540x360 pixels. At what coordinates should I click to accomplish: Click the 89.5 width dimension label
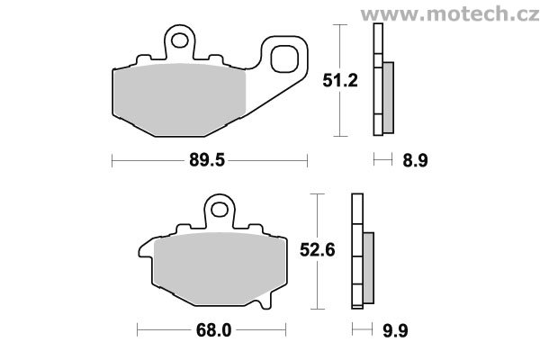coord(207,160)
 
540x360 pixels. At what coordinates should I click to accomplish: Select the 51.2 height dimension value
coord(340,81)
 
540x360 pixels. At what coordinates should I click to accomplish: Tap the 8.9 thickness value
coord(415,160)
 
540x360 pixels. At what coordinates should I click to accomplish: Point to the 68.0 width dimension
coord(213,330)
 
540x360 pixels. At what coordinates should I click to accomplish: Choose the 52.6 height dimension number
coord(317,250)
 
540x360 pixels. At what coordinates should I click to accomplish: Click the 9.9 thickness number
coord(395,331)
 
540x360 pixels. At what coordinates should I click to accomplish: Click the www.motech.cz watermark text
coord(450,14)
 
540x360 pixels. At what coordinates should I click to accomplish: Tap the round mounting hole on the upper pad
coord(179,40)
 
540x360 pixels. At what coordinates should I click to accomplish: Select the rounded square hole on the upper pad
coord(284,58)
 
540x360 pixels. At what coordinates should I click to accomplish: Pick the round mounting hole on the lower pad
coord(220,209)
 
